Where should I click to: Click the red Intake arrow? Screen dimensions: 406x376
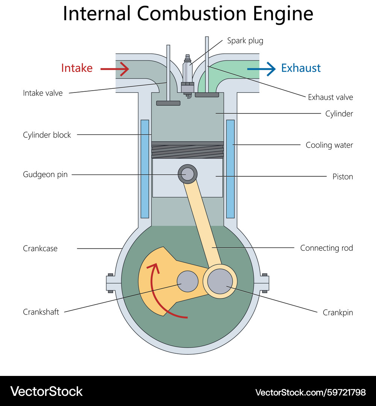[115, 68]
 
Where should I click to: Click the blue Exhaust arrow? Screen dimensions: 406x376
[261, 68]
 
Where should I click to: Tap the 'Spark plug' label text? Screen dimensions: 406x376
[245, 41]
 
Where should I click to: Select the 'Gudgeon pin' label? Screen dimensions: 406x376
[45, 174]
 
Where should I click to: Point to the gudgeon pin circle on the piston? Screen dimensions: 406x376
[187, 174]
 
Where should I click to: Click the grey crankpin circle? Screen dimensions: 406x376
[220, 282]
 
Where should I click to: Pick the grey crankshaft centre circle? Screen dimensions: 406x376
[187, 282]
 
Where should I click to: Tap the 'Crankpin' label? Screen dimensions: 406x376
[338, 312]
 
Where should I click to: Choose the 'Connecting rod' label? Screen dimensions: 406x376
[326, 248]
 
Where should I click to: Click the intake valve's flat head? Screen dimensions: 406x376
[168, 103]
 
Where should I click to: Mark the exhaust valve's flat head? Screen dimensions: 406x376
[207, 95]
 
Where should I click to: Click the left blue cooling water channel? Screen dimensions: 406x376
[145, 169]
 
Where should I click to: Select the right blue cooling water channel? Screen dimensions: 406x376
[230, 169]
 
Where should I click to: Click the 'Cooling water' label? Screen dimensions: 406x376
[329, 145]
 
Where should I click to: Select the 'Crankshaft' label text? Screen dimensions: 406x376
[41, 312]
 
